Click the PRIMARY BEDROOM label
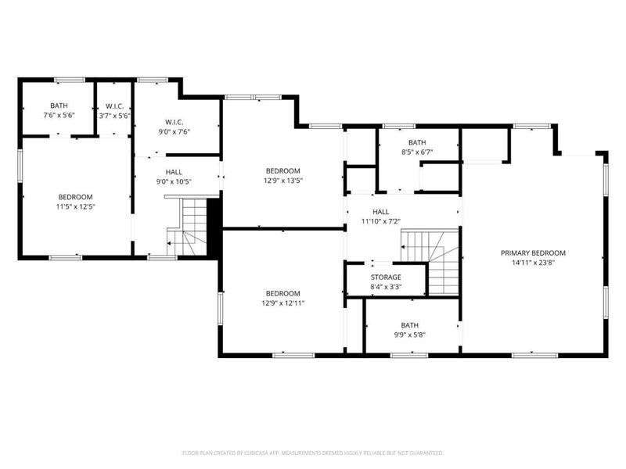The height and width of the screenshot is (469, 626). click(533, 253)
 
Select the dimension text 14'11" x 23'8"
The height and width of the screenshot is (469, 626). click(533, 263)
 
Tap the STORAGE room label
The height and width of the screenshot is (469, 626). click(386, 277)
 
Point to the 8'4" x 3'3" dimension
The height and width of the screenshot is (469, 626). click(386, 288)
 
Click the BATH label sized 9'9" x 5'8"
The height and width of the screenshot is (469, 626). click(410, 325)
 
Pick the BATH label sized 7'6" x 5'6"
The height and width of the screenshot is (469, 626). click(59, 106)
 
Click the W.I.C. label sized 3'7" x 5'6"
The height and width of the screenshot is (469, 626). click(114, 106)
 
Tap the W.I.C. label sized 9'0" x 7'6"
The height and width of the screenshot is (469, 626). click(174, 122)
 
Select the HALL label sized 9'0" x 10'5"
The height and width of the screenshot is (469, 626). click(174, 172)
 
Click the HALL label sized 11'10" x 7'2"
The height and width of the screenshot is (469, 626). click(381, 212)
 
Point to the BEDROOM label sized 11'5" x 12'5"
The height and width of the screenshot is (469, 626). click(76, 197)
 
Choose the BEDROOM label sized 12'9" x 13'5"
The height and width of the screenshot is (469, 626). click(282, 171)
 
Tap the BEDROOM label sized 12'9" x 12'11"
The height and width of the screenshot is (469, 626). click(282, 293)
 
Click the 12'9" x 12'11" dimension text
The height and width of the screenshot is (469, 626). click(282, 303)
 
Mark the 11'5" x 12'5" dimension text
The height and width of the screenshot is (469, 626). click(76, 207)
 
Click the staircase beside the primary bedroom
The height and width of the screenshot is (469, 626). click(431, 261)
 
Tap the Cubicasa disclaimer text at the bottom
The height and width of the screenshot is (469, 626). click(313, 453)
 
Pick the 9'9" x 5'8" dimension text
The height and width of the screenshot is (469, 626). click(410, 335)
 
